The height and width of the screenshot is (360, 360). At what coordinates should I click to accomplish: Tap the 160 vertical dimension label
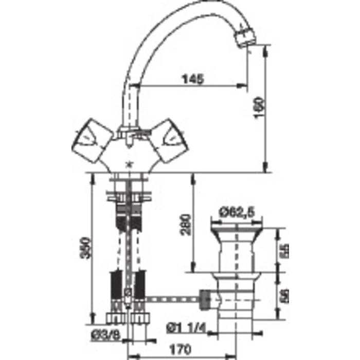tap(261, 109)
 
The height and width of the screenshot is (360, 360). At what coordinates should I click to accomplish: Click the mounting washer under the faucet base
tap(129, 195)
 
